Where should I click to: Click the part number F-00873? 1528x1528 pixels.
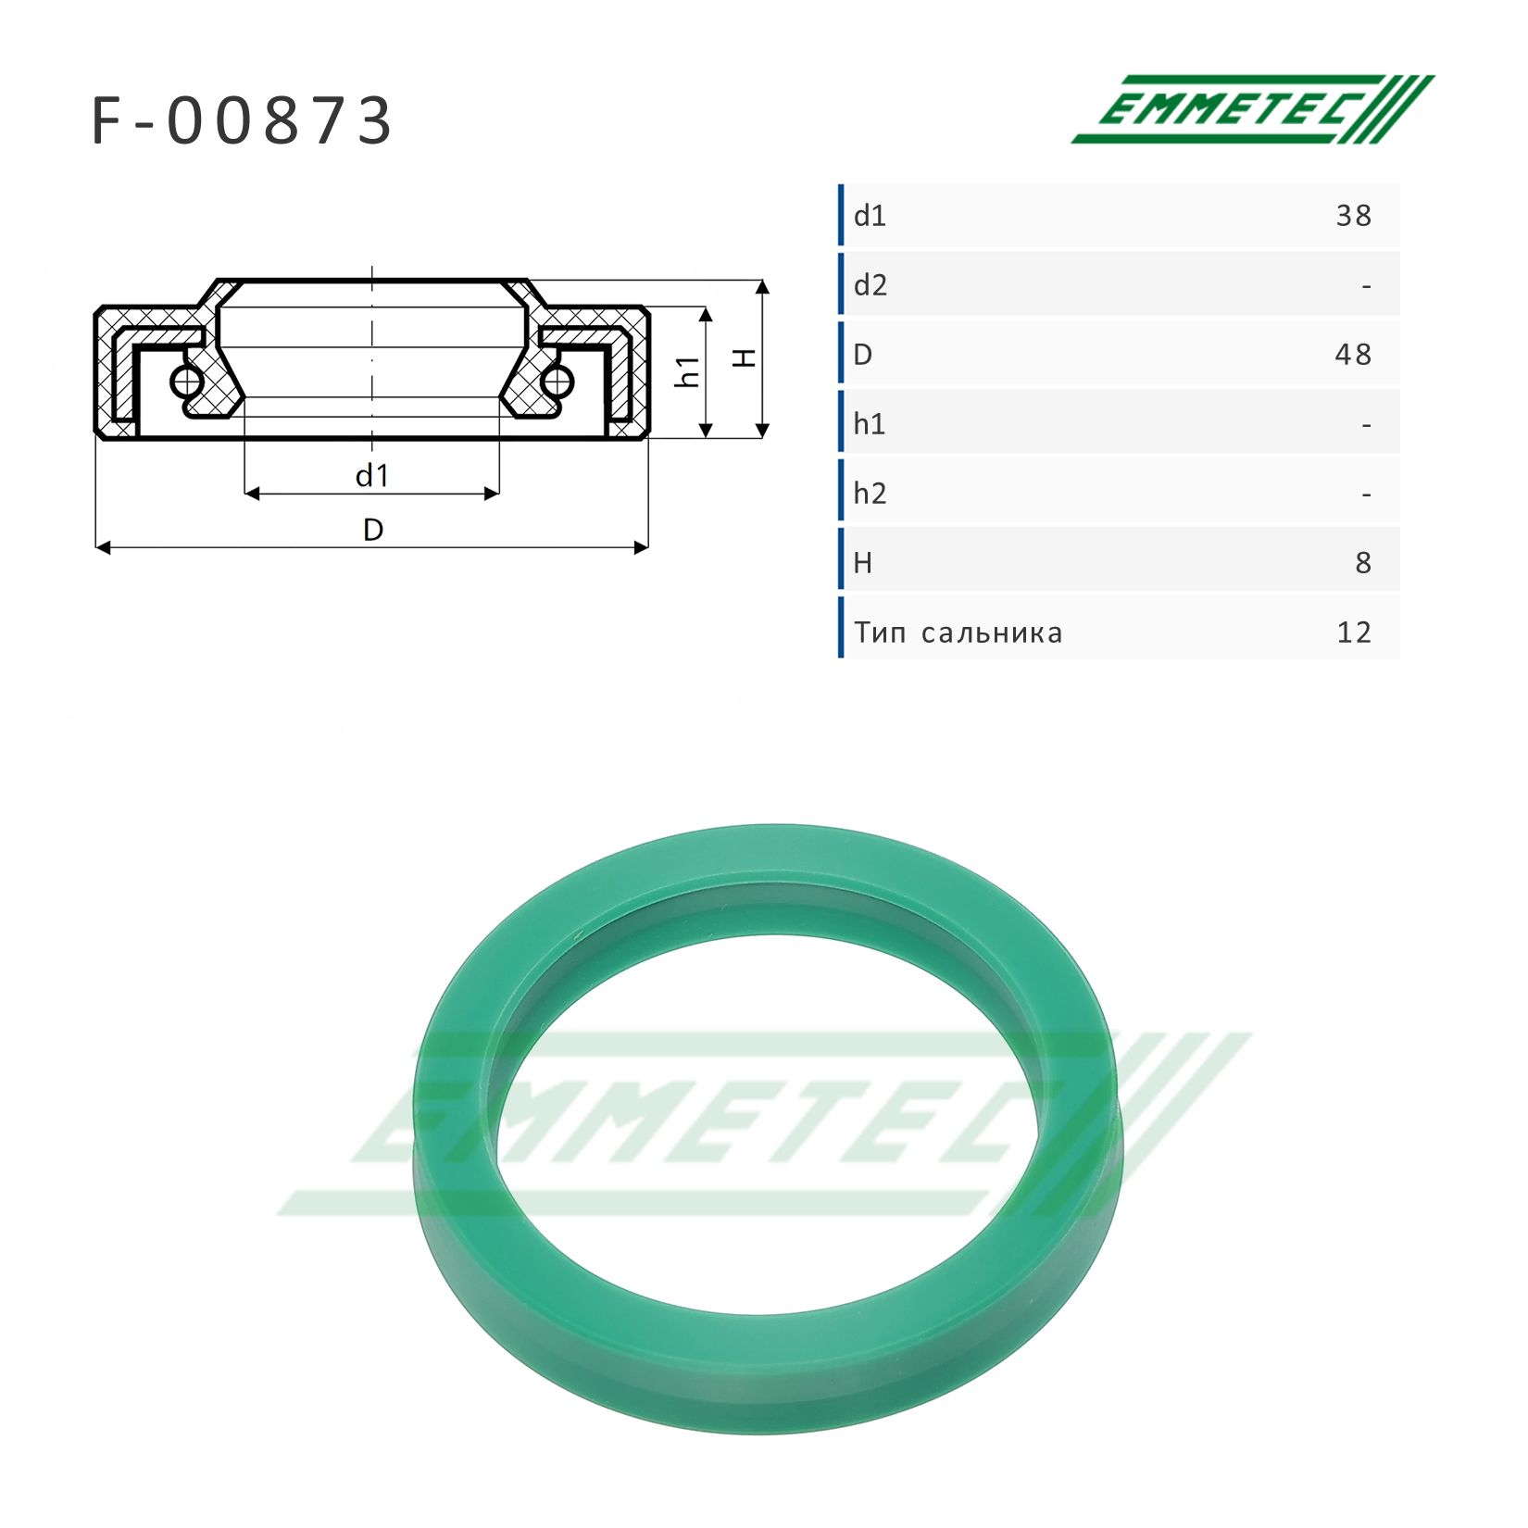[x=243, y=121]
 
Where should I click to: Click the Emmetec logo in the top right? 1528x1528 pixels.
[x=1252, y=109]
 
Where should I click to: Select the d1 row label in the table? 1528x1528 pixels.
[x=870, y=216]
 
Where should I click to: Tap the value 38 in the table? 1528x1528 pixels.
[x=1353, y=216]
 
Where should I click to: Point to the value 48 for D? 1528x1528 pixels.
[x=1353, y=355]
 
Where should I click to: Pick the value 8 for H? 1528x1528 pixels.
[x=1363, y=563]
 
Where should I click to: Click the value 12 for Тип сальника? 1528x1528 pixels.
[x=1354, y=632]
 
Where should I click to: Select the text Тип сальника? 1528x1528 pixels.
[x=958, y=633]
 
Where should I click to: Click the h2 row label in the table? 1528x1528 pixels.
[x=870, y=493]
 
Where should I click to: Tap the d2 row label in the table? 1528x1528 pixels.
[x=870, y=285]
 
